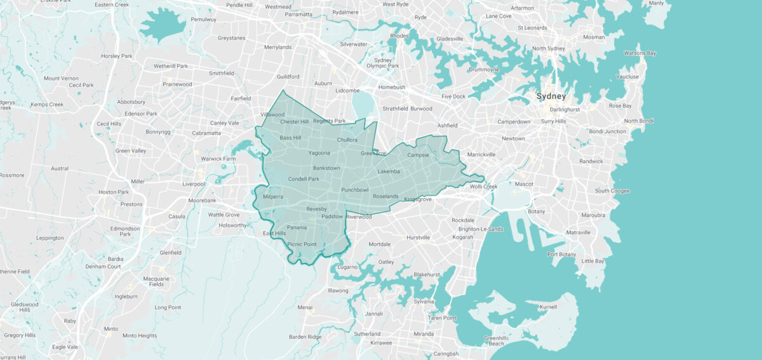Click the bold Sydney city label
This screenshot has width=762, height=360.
(x=551, y=97)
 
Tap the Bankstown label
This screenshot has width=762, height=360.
(x=326, y=168)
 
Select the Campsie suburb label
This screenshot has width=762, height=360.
(x=418, y=155)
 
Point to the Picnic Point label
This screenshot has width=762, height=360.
(x=302, y=244)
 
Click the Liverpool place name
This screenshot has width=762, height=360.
(x=194, y=184)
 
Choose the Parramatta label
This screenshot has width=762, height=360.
(x=298, y=14)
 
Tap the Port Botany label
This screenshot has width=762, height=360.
(x=561, y=255)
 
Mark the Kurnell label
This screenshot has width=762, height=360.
(x=547, y=307)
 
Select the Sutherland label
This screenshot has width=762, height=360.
(x=367, y=334)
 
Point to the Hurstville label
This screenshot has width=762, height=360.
(x=418, y=237)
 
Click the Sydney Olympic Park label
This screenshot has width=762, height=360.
(x=382, y=63)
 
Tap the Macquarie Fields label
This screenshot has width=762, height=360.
(x=156, y=282)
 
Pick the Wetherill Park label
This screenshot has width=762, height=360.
(x=171, y=66)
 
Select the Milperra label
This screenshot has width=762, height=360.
(x=272, y=197)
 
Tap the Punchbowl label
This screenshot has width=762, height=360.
(x=354, y=190)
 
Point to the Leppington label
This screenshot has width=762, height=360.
(x=50, y=238)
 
